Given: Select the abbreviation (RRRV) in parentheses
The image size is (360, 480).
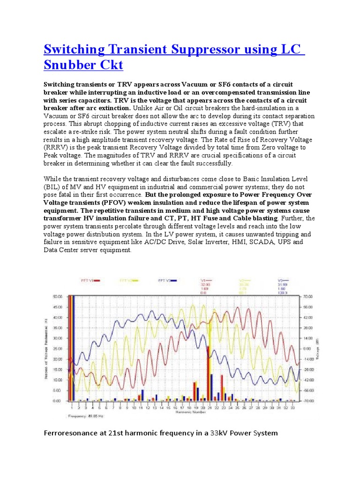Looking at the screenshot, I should (58, 147).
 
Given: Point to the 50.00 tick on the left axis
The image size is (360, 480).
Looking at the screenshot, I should (57, 297).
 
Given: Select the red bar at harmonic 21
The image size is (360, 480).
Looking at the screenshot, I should (207, 373).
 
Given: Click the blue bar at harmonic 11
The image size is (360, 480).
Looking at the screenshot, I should (142, 395).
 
